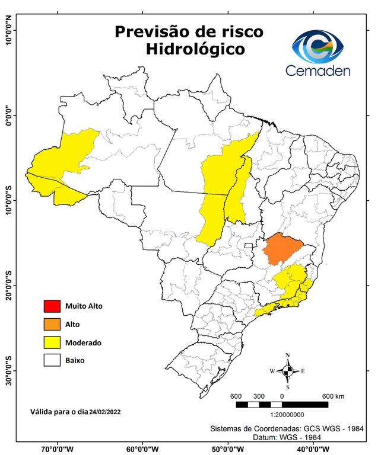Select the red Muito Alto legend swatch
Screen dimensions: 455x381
[x=52, y=306]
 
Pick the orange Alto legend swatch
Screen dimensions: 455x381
[x=52, y=324]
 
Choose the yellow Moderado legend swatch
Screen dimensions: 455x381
[x=52, y=342]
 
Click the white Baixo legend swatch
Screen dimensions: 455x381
[x=52, y=360]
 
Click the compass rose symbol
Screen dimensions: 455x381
[x=288, y=371]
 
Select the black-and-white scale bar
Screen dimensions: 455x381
[x=282, y=405]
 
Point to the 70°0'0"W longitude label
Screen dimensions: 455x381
[x=58, y=448]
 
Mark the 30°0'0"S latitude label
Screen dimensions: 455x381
[x=9, y=371]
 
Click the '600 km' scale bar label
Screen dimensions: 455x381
[x=335, y=396]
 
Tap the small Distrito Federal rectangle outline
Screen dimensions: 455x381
[x=248, y=245]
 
